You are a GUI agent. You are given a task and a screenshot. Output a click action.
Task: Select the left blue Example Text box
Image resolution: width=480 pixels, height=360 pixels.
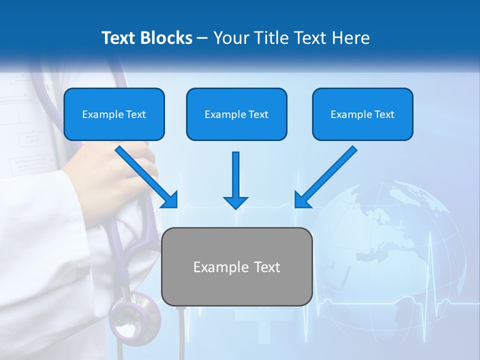[x=114, y=114]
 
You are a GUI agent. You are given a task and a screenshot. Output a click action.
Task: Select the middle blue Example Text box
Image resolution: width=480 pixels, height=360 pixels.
[x=236, y=114]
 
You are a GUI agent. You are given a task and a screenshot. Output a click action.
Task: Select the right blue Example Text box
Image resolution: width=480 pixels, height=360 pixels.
[x=362, y=114]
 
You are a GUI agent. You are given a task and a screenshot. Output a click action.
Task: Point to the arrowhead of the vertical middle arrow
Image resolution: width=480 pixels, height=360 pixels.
[x=235, y=202]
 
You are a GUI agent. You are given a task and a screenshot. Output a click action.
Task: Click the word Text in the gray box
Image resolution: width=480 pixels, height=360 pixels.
[x=265, y=267]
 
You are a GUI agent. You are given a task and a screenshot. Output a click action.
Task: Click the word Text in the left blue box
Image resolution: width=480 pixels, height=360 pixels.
[x=136, y=114]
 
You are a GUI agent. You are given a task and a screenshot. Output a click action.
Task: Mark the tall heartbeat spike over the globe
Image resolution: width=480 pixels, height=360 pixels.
[x=431, y=260]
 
